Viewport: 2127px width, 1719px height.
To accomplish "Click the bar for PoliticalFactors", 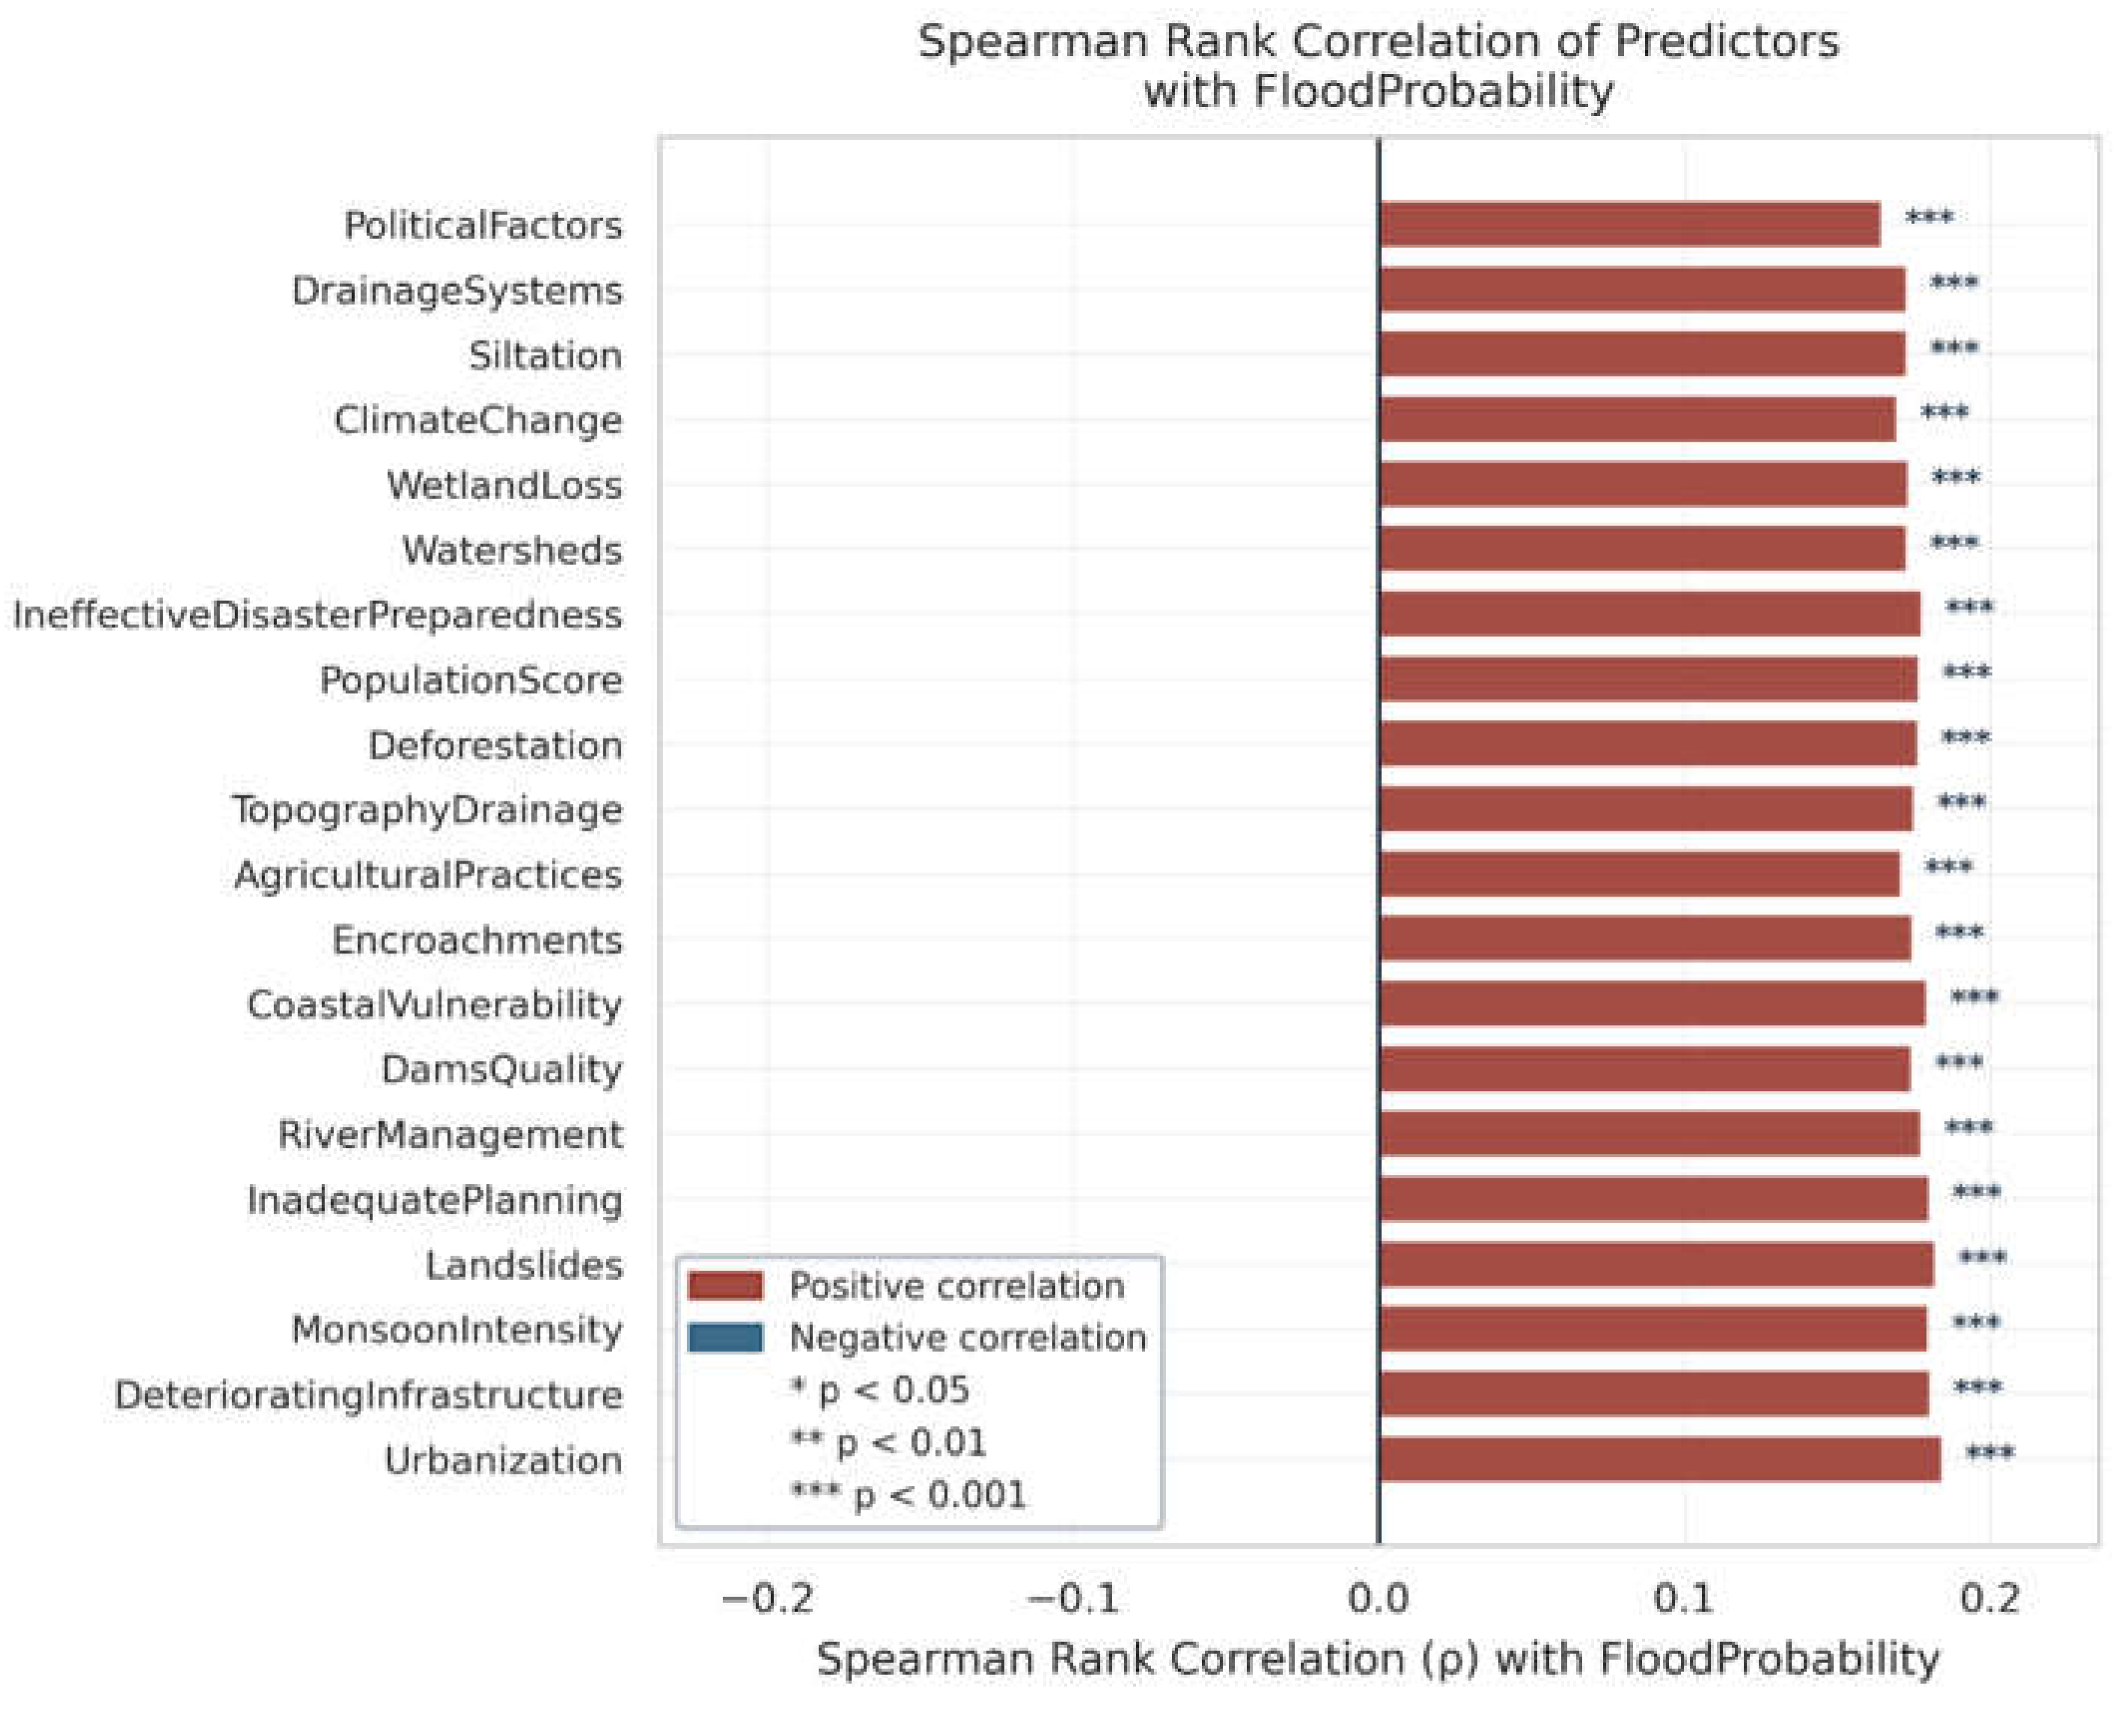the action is coord(1629,224).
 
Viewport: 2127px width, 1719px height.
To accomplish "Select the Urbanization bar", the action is coord(1660,1459).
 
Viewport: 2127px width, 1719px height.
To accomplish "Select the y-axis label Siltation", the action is coord(546,355).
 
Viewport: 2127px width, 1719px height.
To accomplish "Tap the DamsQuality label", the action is coord(502,1069).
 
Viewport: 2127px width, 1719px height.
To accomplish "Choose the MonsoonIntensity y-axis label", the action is coord(457,1330).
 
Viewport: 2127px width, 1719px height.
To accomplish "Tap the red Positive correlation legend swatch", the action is coord(726,1285).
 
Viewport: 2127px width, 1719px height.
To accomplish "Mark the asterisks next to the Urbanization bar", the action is coord(1990,1453).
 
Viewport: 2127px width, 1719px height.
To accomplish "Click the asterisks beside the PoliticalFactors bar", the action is coord(1929,217).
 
